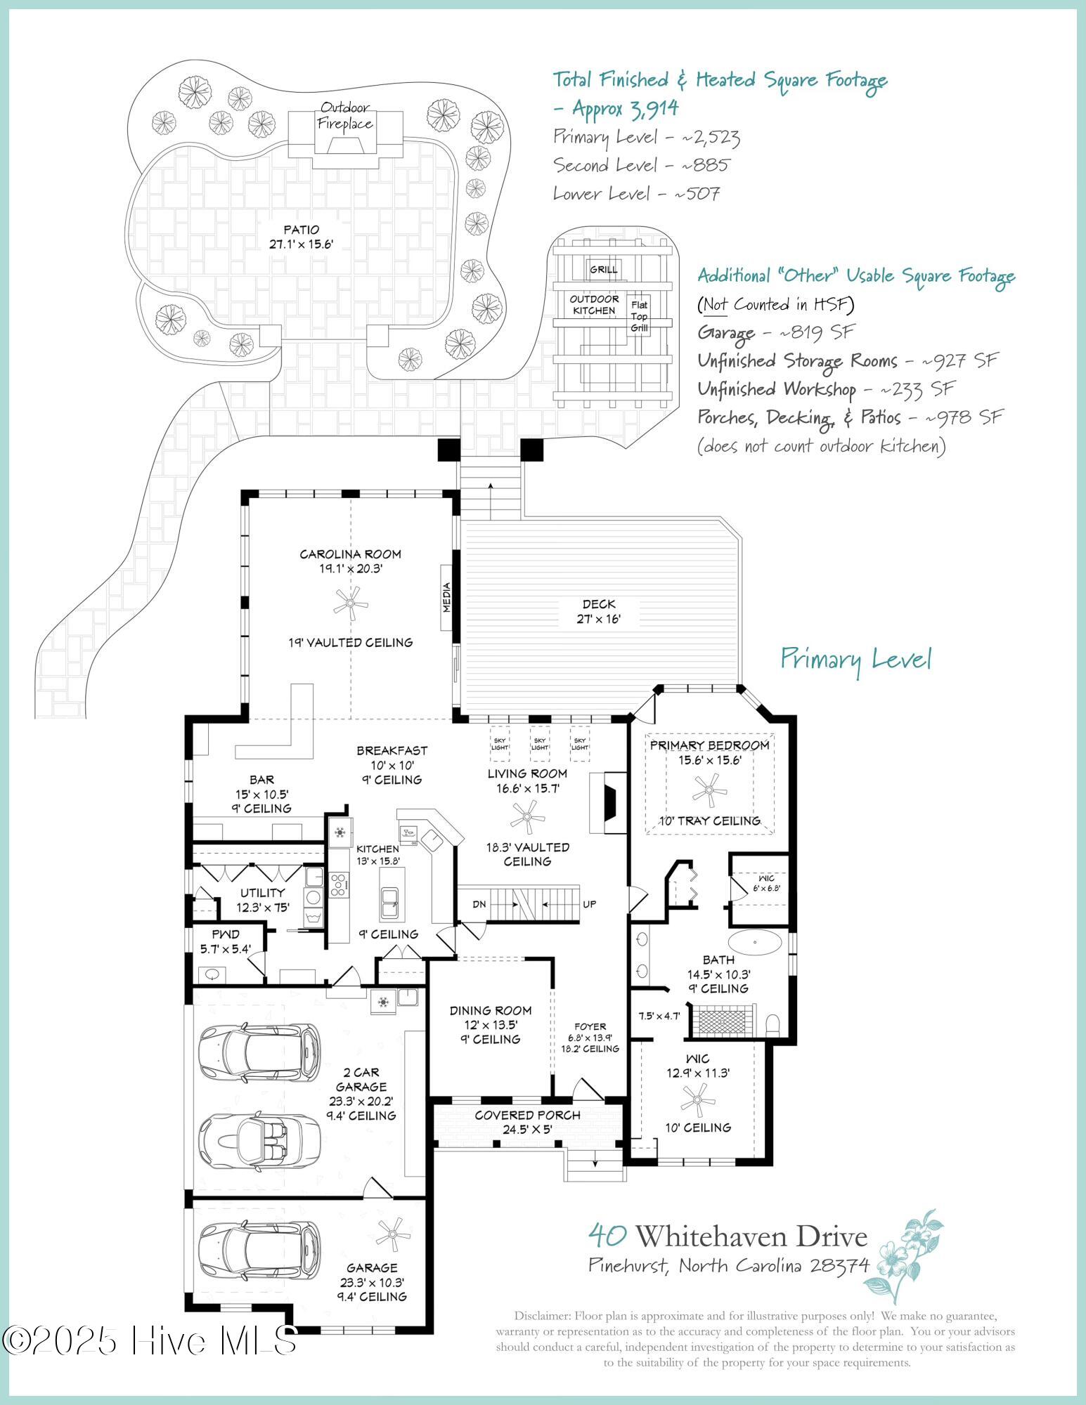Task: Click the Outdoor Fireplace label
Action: [345, 116]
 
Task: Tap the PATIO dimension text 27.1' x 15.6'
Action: [301, 244]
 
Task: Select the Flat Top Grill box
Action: [639, 316]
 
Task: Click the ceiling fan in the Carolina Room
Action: [350, 603]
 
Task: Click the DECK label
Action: [599, 604]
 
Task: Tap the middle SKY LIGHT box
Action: [540, 744]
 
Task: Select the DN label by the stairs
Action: [479, 904]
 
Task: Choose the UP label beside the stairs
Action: [590, 904]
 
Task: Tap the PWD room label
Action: [226, 934]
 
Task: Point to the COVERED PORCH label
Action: [527, 1115]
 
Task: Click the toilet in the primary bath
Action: [773, 1024]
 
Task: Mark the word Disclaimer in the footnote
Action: [541, 1316]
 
